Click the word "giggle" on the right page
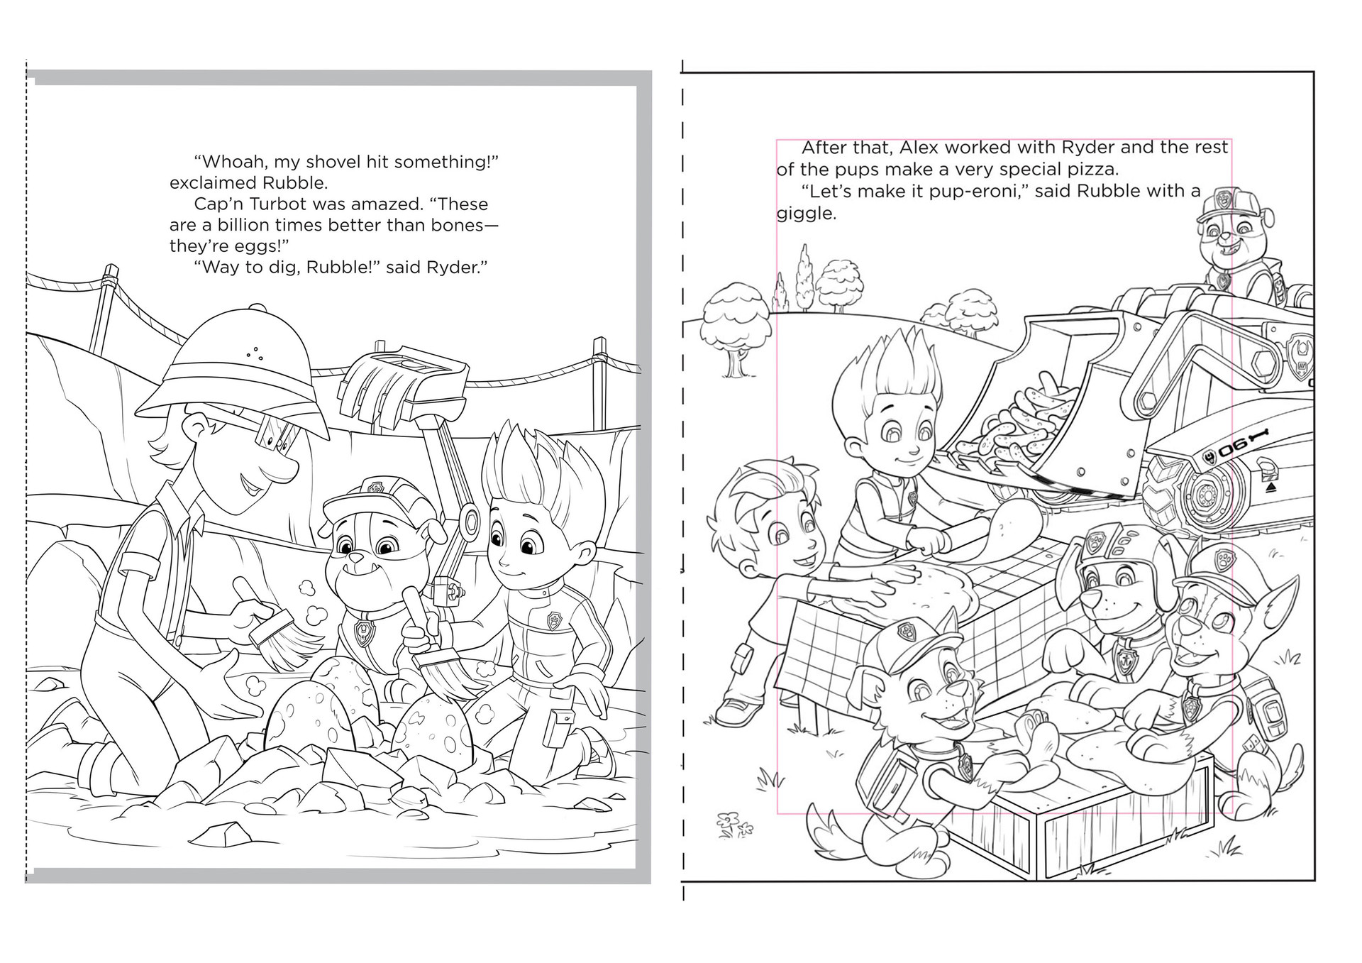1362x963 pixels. tap(805, 214)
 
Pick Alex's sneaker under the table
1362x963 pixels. tap(738, 710)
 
